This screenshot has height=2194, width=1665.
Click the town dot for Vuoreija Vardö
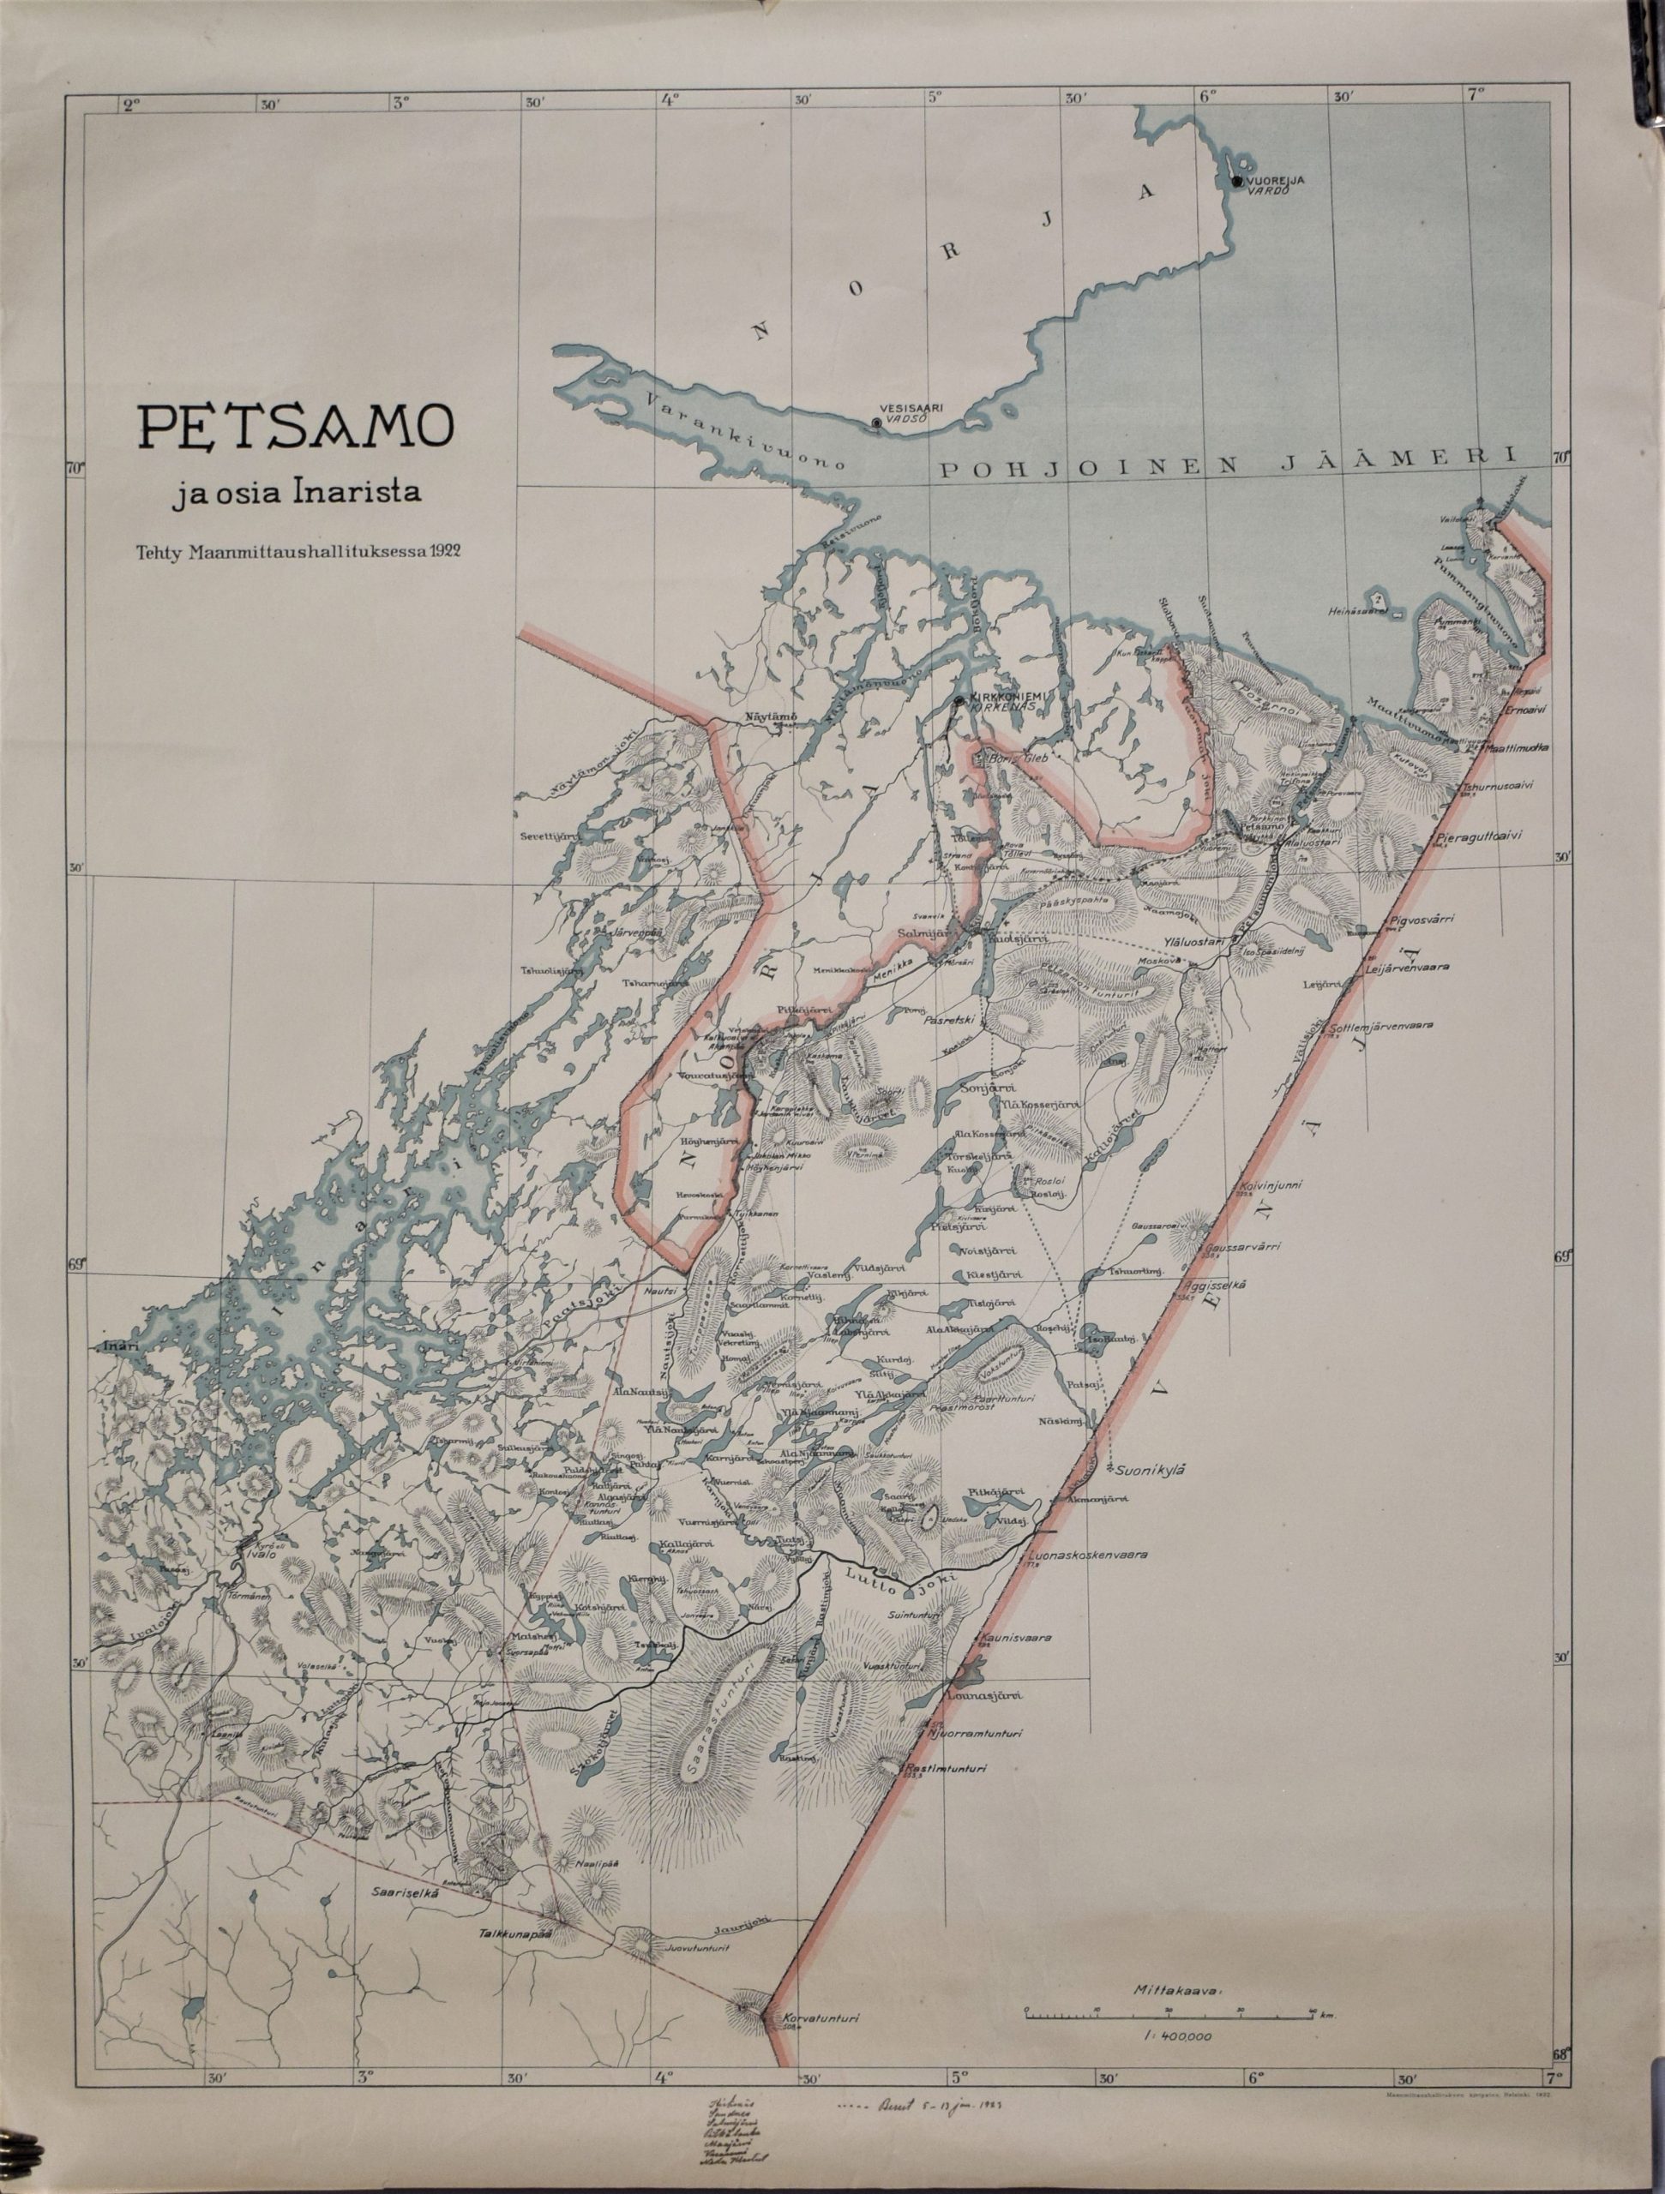1236,182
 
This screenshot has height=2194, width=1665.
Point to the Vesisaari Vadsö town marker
876,423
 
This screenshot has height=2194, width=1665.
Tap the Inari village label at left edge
117,1346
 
